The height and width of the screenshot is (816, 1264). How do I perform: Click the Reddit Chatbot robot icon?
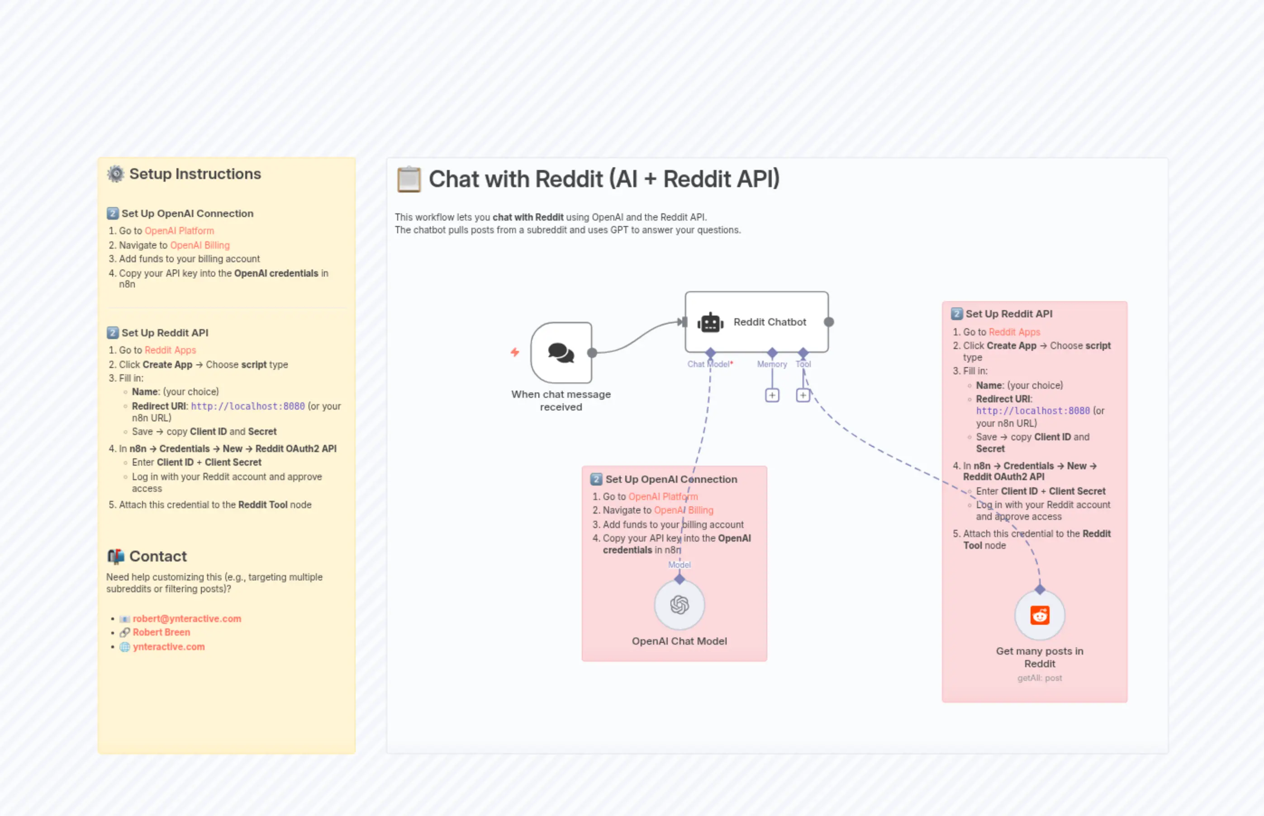click(x=710, y=322)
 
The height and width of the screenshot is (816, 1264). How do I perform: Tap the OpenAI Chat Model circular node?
click(x=679, y=604)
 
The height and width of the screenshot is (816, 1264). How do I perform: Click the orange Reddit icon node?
click(x=1039, y=615)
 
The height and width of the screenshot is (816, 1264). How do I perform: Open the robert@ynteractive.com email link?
click(x=187, y=618)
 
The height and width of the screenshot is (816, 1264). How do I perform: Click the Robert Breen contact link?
click(x=161, y=632)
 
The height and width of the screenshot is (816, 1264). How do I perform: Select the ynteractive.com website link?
click(x=169, y=646)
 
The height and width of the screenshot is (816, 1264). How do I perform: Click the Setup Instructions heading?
click(x=195, y=174)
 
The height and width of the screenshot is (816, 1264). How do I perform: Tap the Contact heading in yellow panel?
click(x=157, y=557)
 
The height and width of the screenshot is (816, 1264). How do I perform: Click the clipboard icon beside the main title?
click(x=409, y=179)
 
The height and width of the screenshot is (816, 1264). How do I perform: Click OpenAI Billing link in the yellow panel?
click(x=200, y=245)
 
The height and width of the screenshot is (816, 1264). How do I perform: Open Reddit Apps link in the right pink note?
click(x=1014, y=332)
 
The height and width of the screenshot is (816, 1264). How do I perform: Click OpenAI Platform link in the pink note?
click(x=663, y=496)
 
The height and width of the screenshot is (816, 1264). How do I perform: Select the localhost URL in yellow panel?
click(x=247, y=406)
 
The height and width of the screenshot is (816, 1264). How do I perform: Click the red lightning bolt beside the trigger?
click(x=515, y=352)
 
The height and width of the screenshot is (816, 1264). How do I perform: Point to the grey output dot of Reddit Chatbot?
click(x=829, y=322)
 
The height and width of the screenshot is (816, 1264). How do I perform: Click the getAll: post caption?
click(x=1039, y=678)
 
